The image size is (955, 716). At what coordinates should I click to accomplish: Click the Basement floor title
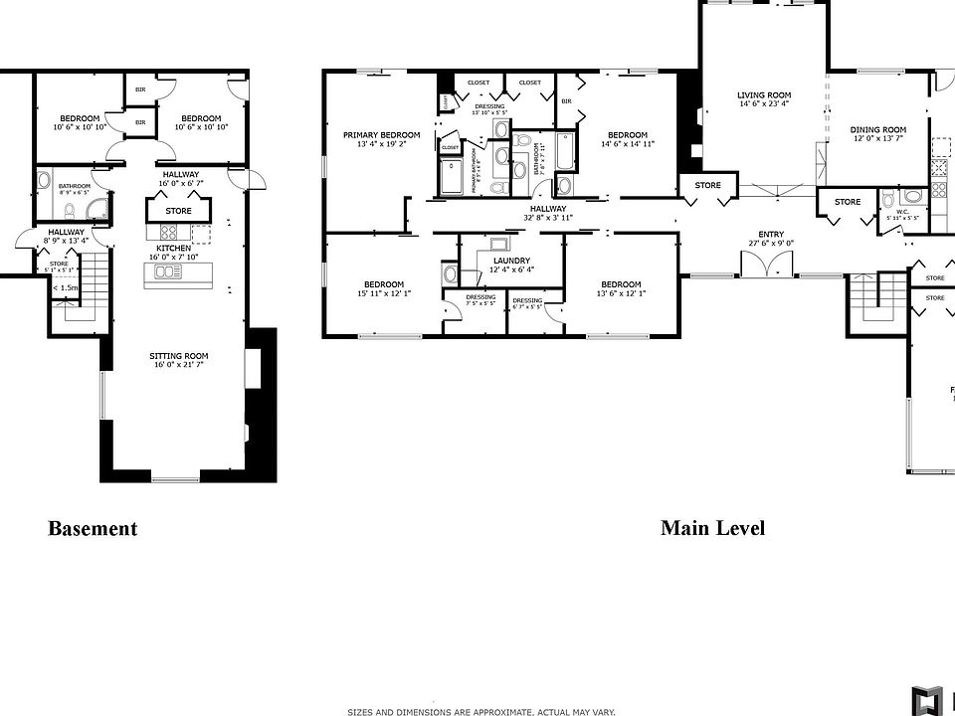(93, 529)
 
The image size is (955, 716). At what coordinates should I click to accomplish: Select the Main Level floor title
(712, 528)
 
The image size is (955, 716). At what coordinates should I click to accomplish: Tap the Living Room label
(763, 95)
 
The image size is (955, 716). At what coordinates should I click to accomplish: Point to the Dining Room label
(877, 129)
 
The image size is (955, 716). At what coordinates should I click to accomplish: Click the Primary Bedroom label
(381, 135)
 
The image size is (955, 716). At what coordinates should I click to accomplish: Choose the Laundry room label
(511, 261)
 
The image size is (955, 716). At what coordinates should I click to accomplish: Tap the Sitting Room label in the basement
(178, 356)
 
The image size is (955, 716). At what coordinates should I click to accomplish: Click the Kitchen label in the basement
(174, 248)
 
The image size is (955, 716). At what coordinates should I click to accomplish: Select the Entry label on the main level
(771, 235)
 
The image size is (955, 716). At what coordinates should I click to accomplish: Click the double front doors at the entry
(766, 264)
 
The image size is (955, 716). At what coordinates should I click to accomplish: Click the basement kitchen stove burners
(168, 234)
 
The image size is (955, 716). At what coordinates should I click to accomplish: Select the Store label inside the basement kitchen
(178, 211)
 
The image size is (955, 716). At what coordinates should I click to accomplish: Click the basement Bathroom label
(74, 186)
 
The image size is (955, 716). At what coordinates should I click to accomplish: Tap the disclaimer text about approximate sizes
(480, 711)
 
